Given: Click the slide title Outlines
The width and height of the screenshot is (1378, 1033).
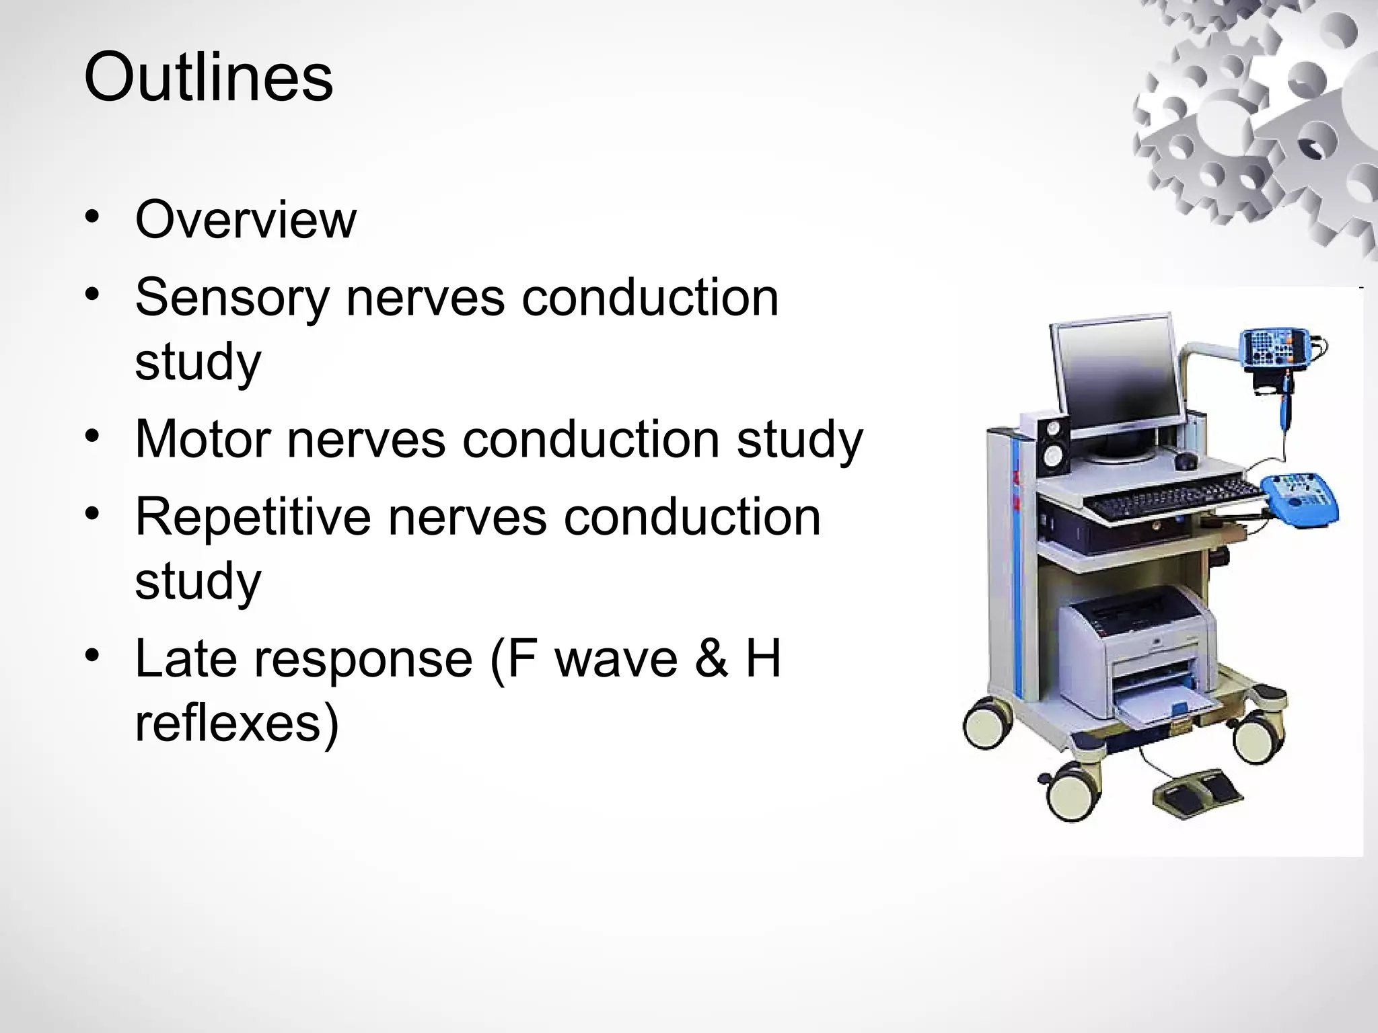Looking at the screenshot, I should coord(208,79).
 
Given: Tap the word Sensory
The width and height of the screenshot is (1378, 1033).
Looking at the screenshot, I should coord(232,297).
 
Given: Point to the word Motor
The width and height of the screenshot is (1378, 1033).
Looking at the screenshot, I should coord(203,438).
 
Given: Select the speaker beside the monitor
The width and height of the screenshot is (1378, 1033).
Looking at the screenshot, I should coord(1052,444).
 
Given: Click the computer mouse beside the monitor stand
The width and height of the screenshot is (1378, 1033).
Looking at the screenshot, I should coord(1186,461).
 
